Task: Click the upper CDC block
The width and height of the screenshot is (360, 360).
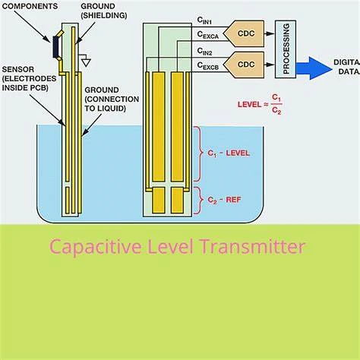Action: (x=244, y=33)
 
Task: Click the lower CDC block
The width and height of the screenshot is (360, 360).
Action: (x=244, y=65)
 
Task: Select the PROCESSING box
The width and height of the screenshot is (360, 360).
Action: (x=286, y=49)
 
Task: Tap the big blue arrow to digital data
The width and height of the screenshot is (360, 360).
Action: (x=314, y=68)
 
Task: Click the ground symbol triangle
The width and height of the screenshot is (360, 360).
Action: (x=87, y=62)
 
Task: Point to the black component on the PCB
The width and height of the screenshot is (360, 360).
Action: (x=55, y=47)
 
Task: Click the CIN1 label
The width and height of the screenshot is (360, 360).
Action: (x=204, y=21)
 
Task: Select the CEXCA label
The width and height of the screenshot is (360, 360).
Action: (x=207, y=35)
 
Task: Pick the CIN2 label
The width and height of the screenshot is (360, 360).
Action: (x=204, y=52)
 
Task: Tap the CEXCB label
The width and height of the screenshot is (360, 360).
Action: (x=207, y=66)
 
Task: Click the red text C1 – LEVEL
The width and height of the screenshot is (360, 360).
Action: (x=229, y=153)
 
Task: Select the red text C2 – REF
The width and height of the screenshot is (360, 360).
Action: (x=224, y=200)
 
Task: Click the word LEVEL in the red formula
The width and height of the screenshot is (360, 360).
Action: (x=249, y=105)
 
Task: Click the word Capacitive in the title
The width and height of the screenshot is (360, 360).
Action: (x=96, y=247)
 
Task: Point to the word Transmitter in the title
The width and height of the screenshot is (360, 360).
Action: (x=253, y=247)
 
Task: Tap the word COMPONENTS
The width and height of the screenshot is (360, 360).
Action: (x=30, y=6)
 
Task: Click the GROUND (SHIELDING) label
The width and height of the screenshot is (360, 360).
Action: (x=104, y=11)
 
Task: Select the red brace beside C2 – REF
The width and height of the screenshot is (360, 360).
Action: (x=199, y=200)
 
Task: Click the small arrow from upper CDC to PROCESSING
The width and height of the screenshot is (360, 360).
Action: (x=270, y=33)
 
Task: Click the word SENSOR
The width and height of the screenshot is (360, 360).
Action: (x=18, y=69)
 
